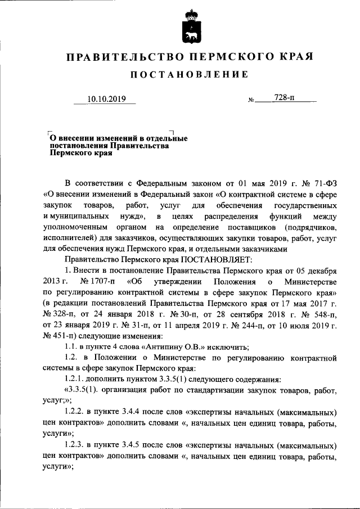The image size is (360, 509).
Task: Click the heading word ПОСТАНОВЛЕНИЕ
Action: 189,74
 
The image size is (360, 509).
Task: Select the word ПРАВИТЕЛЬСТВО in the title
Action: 124,57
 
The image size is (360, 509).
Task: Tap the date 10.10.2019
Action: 105,100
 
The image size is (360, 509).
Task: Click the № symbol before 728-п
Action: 251,101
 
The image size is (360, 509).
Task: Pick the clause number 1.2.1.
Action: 76,378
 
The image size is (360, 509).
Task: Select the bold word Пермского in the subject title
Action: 69,153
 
